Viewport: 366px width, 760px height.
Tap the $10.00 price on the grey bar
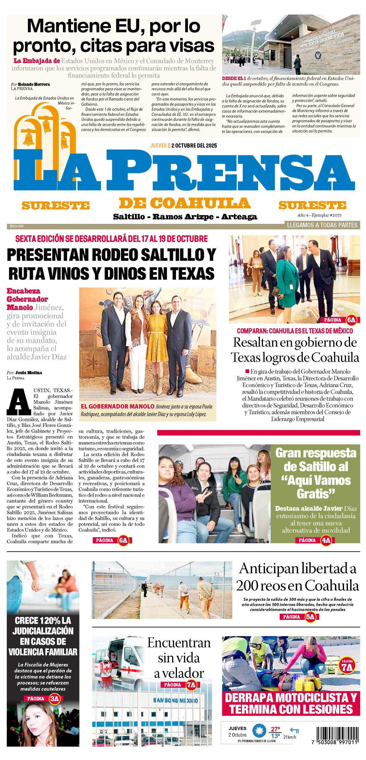click(17, 226)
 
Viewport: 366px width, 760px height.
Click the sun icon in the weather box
click(259, 731)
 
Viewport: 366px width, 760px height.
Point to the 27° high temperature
click(275, 729)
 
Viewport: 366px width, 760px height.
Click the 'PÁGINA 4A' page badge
click(316, 540)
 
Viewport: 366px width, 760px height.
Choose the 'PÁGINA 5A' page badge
click(299, 617)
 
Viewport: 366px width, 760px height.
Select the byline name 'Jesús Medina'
click(28, 373)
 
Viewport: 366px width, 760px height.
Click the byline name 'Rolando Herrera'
click(34, 84)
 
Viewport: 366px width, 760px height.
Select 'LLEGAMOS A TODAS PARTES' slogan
click(322, 225)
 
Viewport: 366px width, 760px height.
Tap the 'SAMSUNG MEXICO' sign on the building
click(175, 700)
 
